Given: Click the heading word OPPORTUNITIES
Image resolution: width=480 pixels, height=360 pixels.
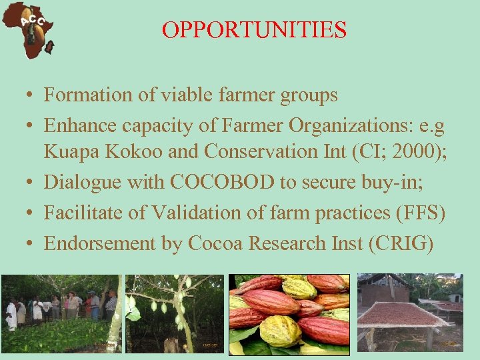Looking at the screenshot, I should point(254,30).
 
